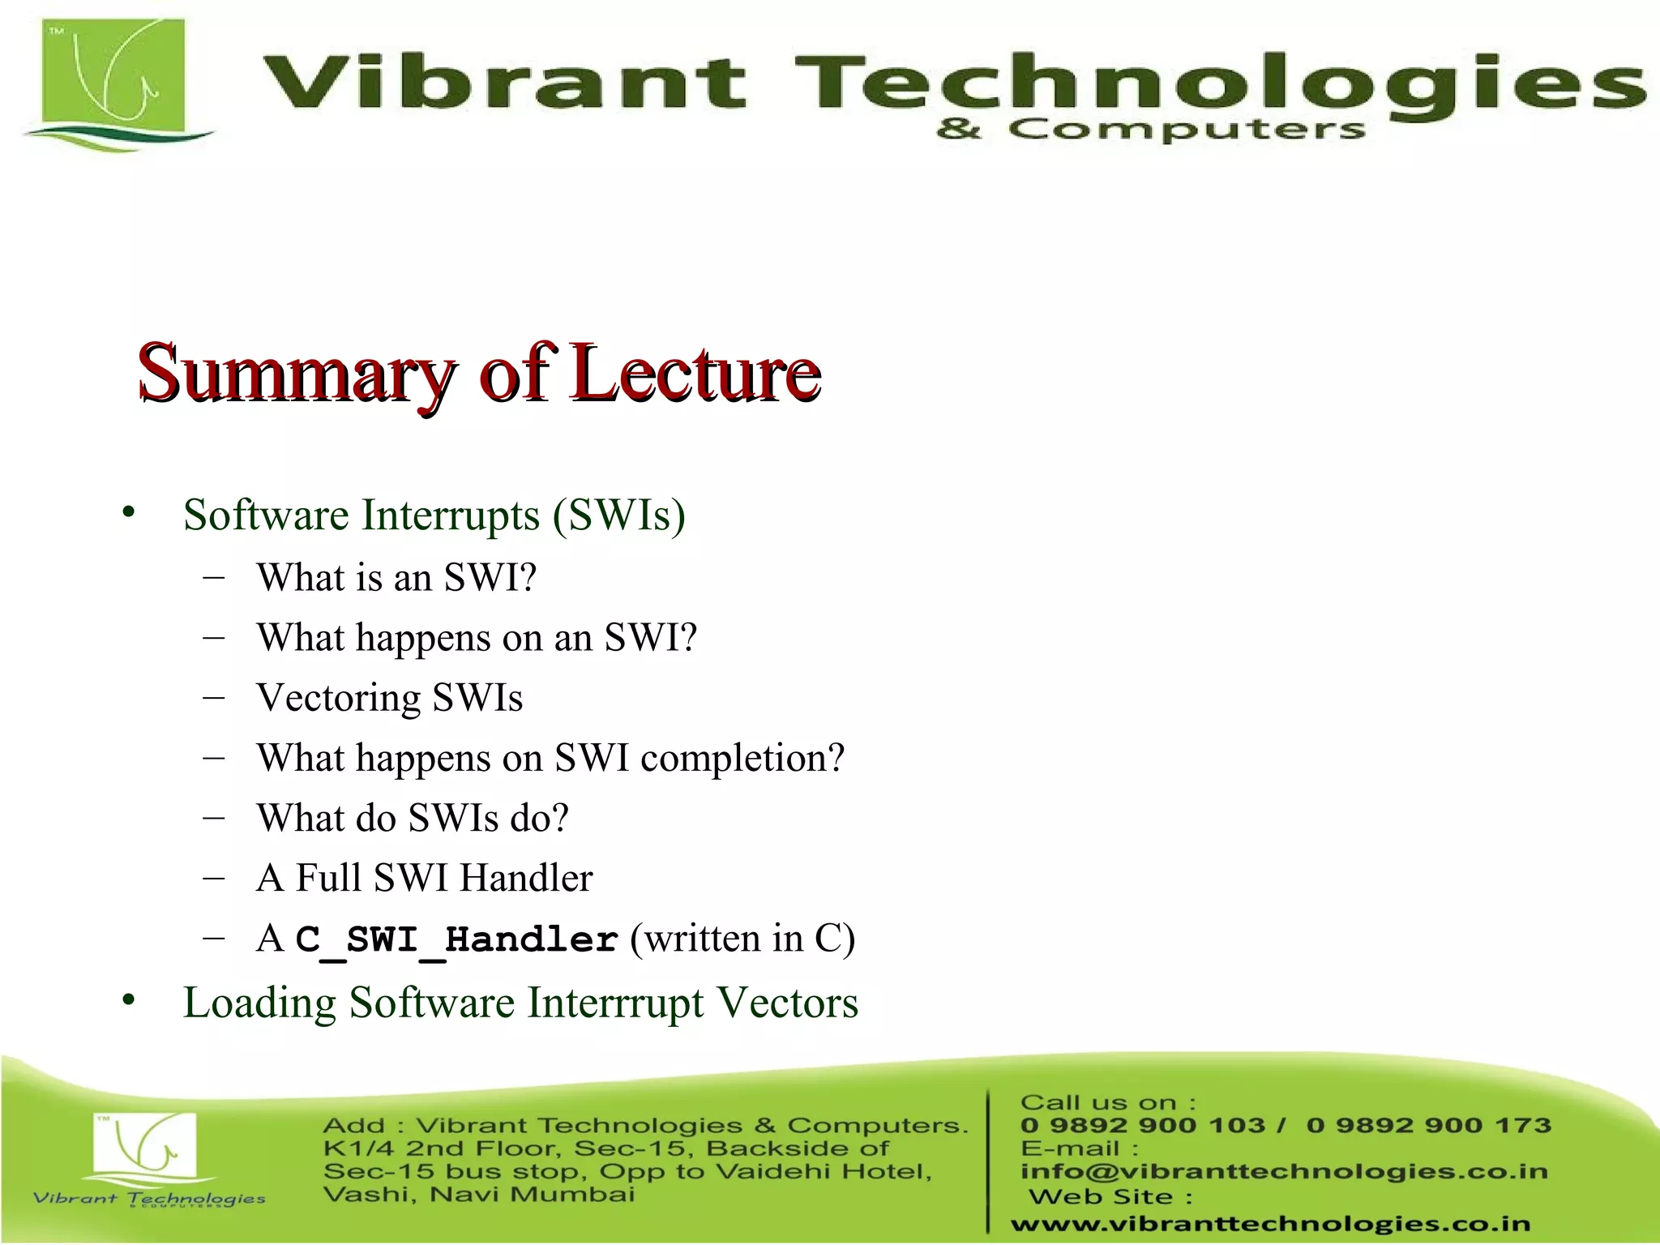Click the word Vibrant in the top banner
pyautogui.click(x=503, y=83)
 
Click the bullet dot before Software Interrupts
pyautogui.click(x=128, y=513)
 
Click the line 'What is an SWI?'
pyautogui.click(x=396, y=578)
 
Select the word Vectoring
pyautogui.click(x=338, y=698)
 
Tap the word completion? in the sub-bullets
pyautogui.click(x=742, y=759)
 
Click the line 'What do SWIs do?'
pyautogui.click(x=413, y=818)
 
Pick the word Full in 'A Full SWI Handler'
pyautogui.click(x=328, y=878)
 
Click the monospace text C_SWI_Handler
pyautogui.click(x=456, y=939)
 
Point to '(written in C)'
pyautogui.click(x=742, y=939)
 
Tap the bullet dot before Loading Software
pyautogui.click(x=128, y=1002)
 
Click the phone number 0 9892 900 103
pyautogui.click(x=1143, y=1125)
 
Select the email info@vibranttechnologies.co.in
pyautogui.click(x=1284, y=1171)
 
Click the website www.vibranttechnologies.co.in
pyautogui.click(x=1270, y=1224)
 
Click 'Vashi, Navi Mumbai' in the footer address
pyautogui.click(x=478, y=1195)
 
